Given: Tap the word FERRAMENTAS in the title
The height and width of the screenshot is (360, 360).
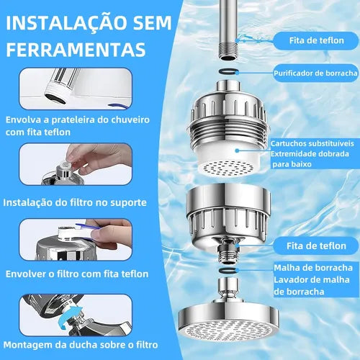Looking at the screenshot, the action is pyautogui.click(x=76, y=50).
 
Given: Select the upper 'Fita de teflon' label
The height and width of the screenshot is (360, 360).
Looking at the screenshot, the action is pyautogui.click(x=317, y=40).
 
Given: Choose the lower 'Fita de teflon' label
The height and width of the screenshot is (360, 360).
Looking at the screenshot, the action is pyautogui.click(x=316, y=246).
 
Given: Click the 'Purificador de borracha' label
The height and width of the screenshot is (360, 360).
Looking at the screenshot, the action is pyautogui.click(x=315, y=73).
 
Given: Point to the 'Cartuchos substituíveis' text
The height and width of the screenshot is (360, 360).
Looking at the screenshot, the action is pyautogui.click(x=312, y=143).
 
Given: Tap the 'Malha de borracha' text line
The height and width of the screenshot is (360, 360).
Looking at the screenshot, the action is pyautogui.click(x=313, y=268).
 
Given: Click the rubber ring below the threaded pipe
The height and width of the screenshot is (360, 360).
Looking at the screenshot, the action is pyautogui.click(x=228, y=71).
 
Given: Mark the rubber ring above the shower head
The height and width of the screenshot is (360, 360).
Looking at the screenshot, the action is pyautogui.click(x=228, y=270).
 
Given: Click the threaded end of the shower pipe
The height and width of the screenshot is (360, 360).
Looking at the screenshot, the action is pyautogui.click(x=228, y=50).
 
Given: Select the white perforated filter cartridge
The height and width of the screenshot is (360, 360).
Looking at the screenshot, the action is pyautogui.click(x=228, y=159).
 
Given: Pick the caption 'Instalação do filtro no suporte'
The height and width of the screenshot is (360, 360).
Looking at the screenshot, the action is pyautogui.click(x=75, y=203).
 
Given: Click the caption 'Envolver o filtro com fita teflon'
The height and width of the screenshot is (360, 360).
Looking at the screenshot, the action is pyautogui.click(x=77, y=274).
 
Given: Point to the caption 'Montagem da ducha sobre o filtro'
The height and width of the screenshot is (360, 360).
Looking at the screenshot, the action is pyautogui.click(x=81, y=345).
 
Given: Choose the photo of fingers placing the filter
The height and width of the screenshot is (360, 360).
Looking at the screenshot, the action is pyautogui.click(x=76, y=164).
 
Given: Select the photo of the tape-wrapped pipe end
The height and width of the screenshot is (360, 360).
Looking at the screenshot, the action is pyautogui.click(x=76, y=89).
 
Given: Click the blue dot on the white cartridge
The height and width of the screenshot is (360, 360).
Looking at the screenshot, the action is pyautogui.click(x=237, y=150).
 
